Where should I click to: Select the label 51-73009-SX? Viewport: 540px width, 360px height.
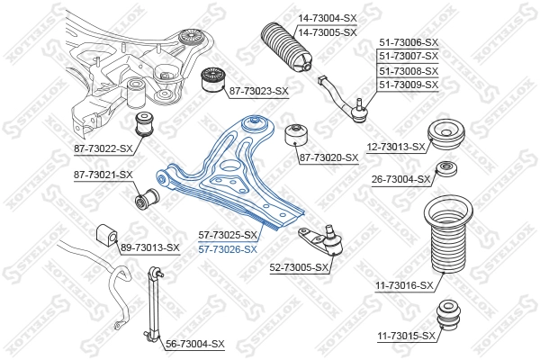408,85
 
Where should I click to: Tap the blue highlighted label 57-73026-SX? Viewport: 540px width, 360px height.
228,249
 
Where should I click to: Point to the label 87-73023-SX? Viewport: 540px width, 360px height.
258,91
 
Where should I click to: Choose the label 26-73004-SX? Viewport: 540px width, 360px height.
400,179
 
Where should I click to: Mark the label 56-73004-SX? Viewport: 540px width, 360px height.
194,344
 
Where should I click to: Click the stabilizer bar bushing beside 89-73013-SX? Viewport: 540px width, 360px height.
106,236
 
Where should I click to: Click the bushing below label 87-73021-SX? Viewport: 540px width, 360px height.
148,194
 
